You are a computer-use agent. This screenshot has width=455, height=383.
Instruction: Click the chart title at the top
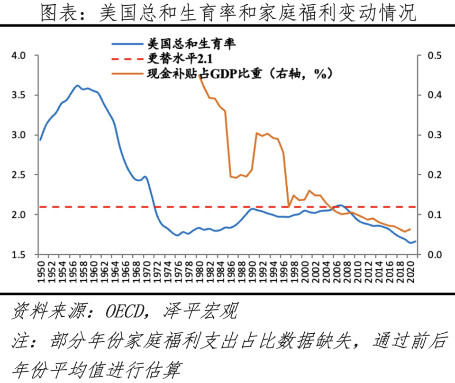click(x=228, y=13)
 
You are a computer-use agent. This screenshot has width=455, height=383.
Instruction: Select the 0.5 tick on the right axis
click(x=432, y=55)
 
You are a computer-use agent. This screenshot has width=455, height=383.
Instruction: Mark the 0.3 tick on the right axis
click(x=432, y=135)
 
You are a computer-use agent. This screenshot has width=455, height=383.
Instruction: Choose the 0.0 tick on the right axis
click(x=432, y=254)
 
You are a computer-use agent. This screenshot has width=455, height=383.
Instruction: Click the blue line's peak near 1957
click(x=77, y=86)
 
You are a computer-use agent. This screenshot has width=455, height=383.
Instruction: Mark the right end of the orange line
click(x=410, y=229)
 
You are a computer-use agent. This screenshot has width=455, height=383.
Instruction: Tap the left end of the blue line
click(x=40, y=140)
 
